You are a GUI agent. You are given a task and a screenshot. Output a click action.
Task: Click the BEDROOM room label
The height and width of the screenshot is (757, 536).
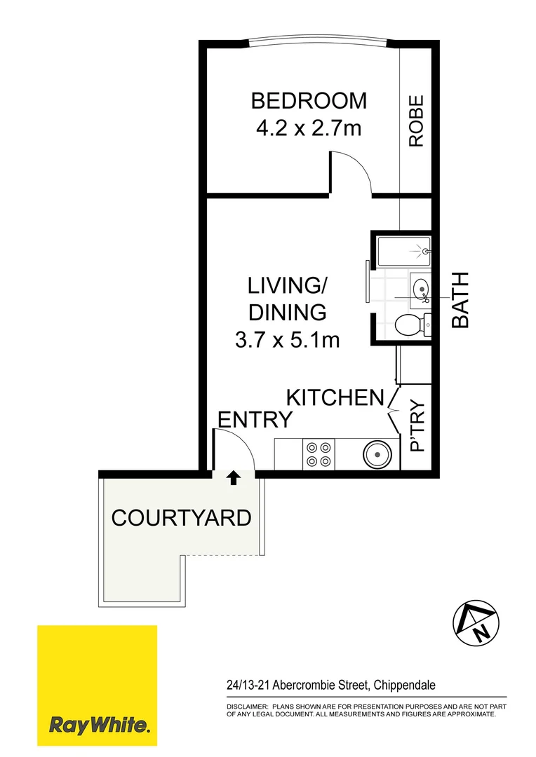(309, 101)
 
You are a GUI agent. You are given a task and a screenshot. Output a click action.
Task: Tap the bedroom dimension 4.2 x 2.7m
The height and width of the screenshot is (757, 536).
(309, 130)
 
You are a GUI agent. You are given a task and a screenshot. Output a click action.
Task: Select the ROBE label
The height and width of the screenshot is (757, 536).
(417, 121)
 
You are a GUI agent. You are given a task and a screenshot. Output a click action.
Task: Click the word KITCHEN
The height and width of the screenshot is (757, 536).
(335, 397)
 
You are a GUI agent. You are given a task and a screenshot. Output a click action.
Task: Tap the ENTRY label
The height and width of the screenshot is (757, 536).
(255, 420)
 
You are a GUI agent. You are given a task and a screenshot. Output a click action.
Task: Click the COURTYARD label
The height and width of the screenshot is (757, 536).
(181, 518)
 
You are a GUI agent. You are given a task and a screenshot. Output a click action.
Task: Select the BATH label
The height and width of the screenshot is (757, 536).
(460, 300)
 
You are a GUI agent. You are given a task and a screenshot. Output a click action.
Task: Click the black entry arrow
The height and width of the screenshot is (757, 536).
(233, 478)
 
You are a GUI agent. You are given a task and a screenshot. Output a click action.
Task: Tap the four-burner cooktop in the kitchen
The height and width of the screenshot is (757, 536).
(319, 453)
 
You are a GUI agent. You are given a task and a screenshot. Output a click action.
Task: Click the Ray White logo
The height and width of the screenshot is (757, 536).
(97, 686)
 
